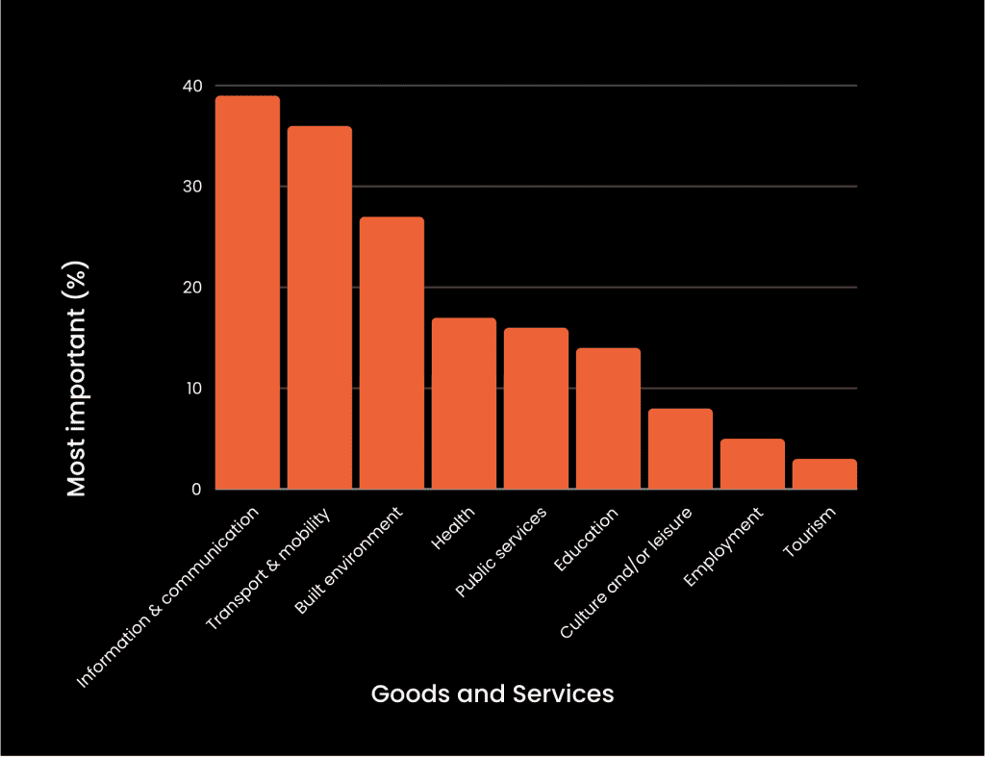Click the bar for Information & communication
pos(247,292)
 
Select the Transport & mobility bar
pos(319,308)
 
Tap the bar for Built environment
pos(391,353)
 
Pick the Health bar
pos(464,403)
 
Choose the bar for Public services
pos(536,409)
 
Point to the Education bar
pos(608,418)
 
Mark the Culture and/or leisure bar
pos(680,449)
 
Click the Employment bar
pos(752,465)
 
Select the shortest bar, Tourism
pos(824,474)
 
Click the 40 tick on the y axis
pos(192,87)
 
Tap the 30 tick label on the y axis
pos(192,187)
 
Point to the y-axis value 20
pos(192,288)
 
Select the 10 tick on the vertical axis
pos(192,389)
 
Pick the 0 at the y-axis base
pos(196,490)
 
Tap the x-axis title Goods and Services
pos(492,694)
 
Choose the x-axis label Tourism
pos(809,532)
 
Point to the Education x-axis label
pos(585,541)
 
